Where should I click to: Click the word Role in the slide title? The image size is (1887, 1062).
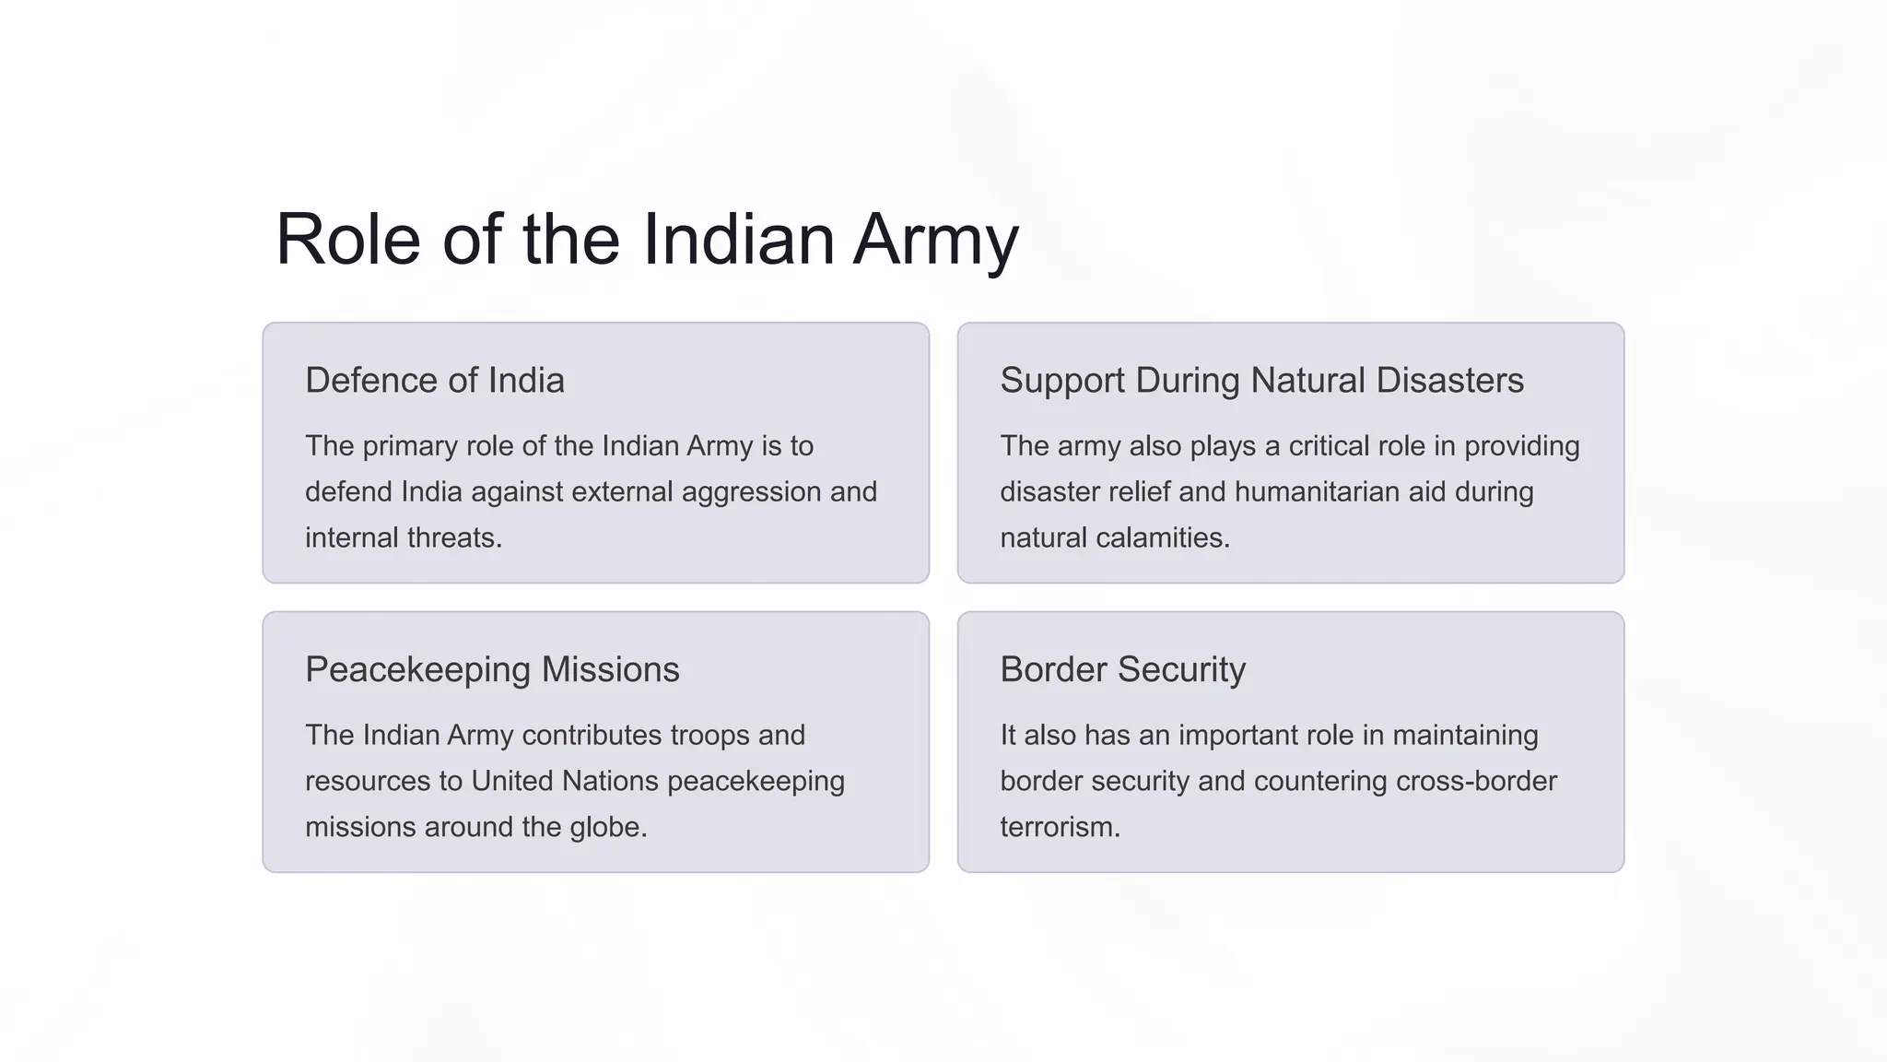pyautogui.click(x=347, y=240)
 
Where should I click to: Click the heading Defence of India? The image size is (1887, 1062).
pyautogui.click(x=434, y=381)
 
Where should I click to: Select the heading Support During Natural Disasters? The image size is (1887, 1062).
pyautogui.click(x=1261, y=381)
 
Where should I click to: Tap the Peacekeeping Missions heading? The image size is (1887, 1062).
pyautogui.click(x=492, y=669)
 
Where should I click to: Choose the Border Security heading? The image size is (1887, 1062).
pyautogui.click(x=1122, y=669)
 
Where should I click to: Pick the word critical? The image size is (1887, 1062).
pyautogui.click(x=1341, y=446)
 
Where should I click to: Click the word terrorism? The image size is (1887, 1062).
pyautogui.click(x=1060, y=828)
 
